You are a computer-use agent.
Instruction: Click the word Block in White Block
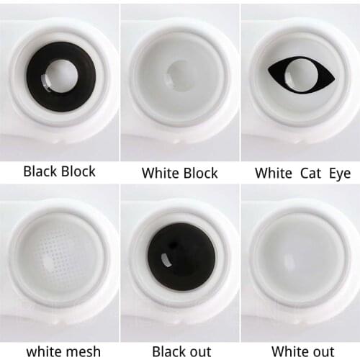(x=199, y=172)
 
